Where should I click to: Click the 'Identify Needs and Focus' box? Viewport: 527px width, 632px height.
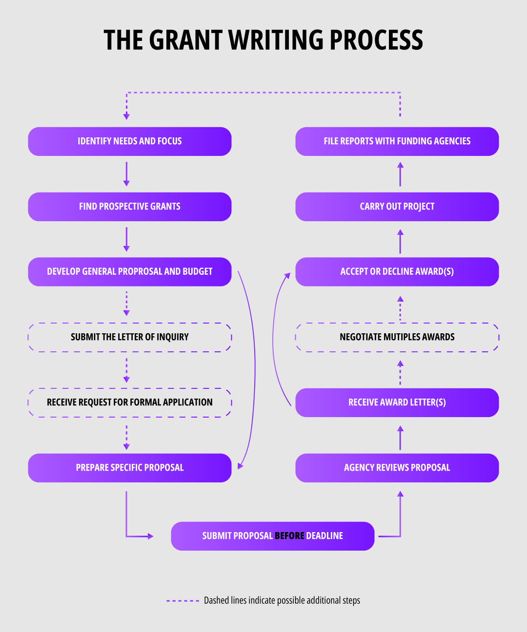(129, 141)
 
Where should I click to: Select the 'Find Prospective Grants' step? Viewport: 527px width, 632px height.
(129, 207)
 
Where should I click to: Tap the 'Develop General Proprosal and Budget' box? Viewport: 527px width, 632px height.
(129, 271)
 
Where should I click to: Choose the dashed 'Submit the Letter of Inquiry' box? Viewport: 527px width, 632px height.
(129, 337)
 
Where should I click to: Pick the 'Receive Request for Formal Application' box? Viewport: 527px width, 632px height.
(129, 402)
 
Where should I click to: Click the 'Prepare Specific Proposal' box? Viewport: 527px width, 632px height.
(129, 468)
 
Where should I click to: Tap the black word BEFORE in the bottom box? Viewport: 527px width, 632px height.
(289, 536)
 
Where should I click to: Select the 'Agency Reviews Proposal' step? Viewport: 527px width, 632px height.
(397, 468)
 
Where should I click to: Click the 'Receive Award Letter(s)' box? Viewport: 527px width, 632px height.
(397, 402)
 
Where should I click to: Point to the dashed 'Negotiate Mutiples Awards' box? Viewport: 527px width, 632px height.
(397, 337)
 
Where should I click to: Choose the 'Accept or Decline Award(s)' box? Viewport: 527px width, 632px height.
(397, 271)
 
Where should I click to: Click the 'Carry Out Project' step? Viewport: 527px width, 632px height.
(397, 207)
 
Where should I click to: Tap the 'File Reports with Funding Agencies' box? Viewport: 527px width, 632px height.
(397, 141)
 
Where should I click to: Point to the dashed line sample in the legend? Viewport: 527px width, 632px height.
(182, 601)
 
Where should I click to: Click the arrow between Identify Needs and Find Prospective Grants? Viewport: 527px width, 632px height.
(126, 174)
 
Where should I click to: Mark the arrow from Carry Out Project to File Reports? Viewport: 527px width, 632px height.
(400, 174)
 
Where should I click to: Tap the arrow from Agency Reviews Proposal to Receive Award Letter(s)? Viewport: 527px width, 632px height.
(400, 438)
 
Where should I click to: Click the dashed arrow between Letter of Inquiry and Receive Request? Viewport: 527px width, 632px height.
(126, 370)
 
